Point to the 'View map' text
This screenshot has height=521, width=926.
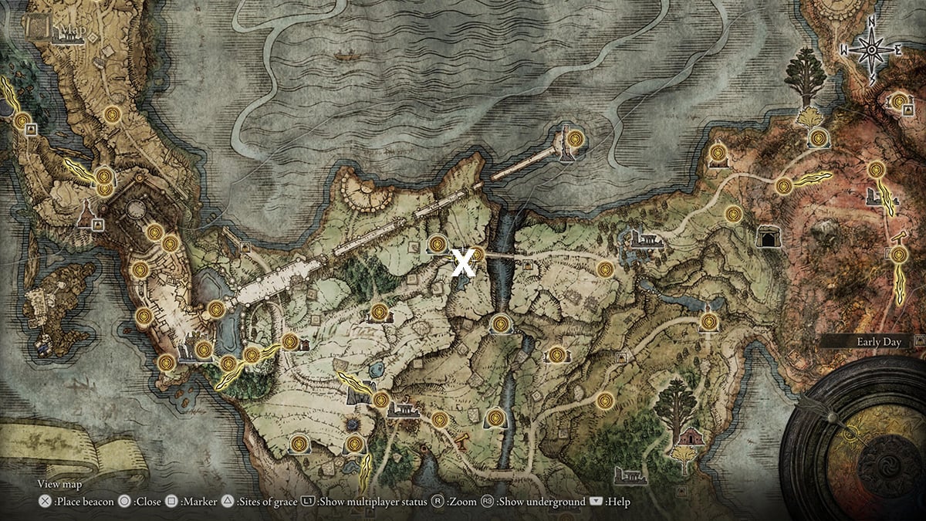59,485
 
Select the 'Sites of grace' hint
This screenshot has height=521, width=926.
265,502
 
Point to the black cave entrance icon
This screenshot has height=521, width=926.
769,238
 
